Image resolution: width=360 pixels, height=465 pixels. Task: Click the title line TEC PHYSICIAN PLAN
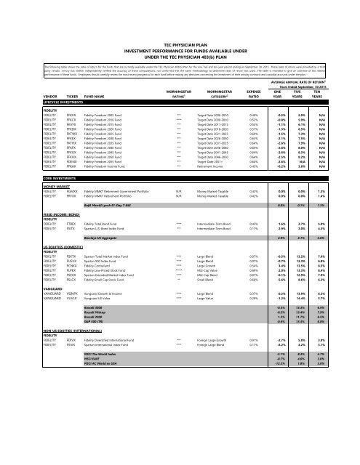coord(180,10)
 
